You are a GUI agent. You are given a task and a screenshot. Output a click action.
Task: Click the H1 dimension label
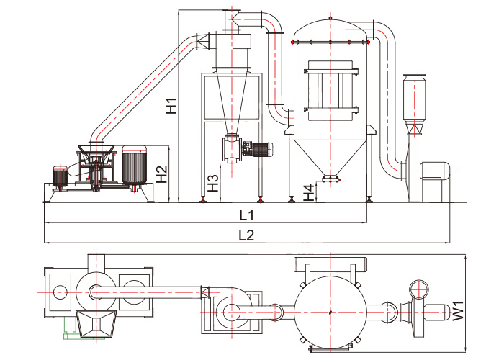tap(171, 106)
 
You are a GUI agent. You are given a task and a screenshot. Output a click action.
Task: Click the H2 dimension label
tap(162, 174)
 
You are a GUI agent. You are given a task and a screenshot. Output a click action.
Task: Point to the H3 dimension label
tap(213, 183)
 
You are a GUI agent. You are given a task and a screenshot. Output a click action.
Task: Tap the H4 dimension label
tap(309, 192)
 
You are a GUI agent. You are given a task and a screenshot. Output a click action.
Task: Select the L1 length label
tap(247, 215)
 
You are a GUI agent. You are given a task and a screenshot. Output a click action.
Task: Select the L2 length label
tap(246, 235)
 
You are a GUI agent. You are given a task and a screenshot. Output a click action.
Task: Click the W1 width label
tap(459, 310)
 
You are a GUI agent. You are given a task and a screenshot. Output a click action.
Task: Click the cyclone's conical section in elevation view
tap(231, 102)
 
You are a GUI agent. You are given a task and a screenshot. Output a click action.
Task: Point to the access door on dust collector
tap(330, 91)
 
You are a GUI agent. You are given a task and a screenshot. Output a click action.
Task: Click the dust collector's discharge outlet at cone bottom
tap(330, 179)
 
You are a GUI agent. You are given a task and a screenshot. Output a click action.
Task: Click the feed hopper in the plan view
tap(96, 324)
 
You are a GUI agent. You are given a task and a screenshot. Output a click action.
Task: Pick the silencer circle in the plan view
tap(419, 289)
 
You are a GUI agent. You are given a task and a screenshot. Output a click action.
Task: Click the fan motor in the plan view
tap(437, 312)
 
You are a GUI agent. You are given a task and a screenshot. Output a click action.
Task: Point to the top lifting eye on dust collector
tap(330, 18)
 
